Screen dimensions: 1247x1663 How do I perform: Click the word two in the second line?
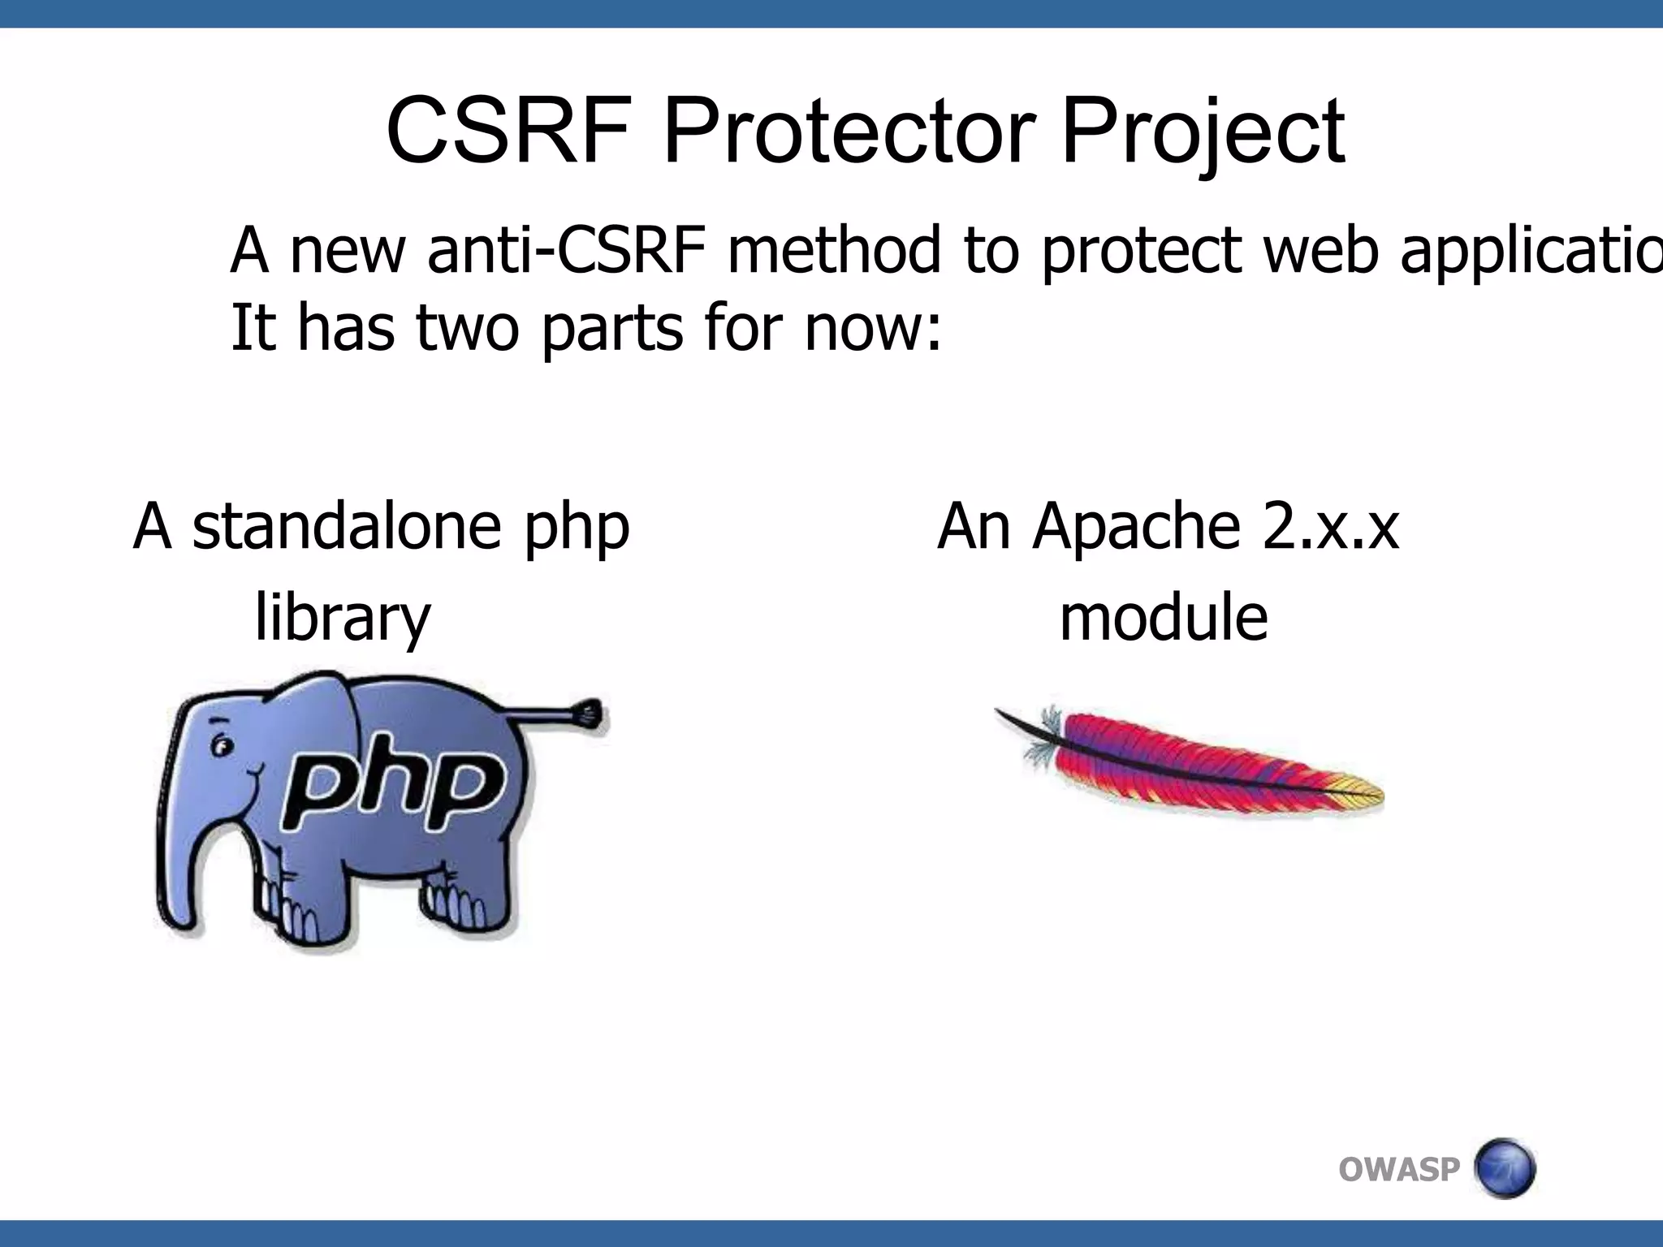468,328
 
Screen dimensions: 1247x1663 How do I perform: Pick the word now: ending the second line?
874,328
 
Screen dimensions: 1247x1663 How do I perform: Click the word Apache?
1137,526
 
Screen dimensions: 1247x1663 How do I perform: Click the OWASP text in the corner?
1398,1170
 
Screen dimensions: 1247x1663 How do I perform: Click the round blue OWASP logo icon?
1503,1168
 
